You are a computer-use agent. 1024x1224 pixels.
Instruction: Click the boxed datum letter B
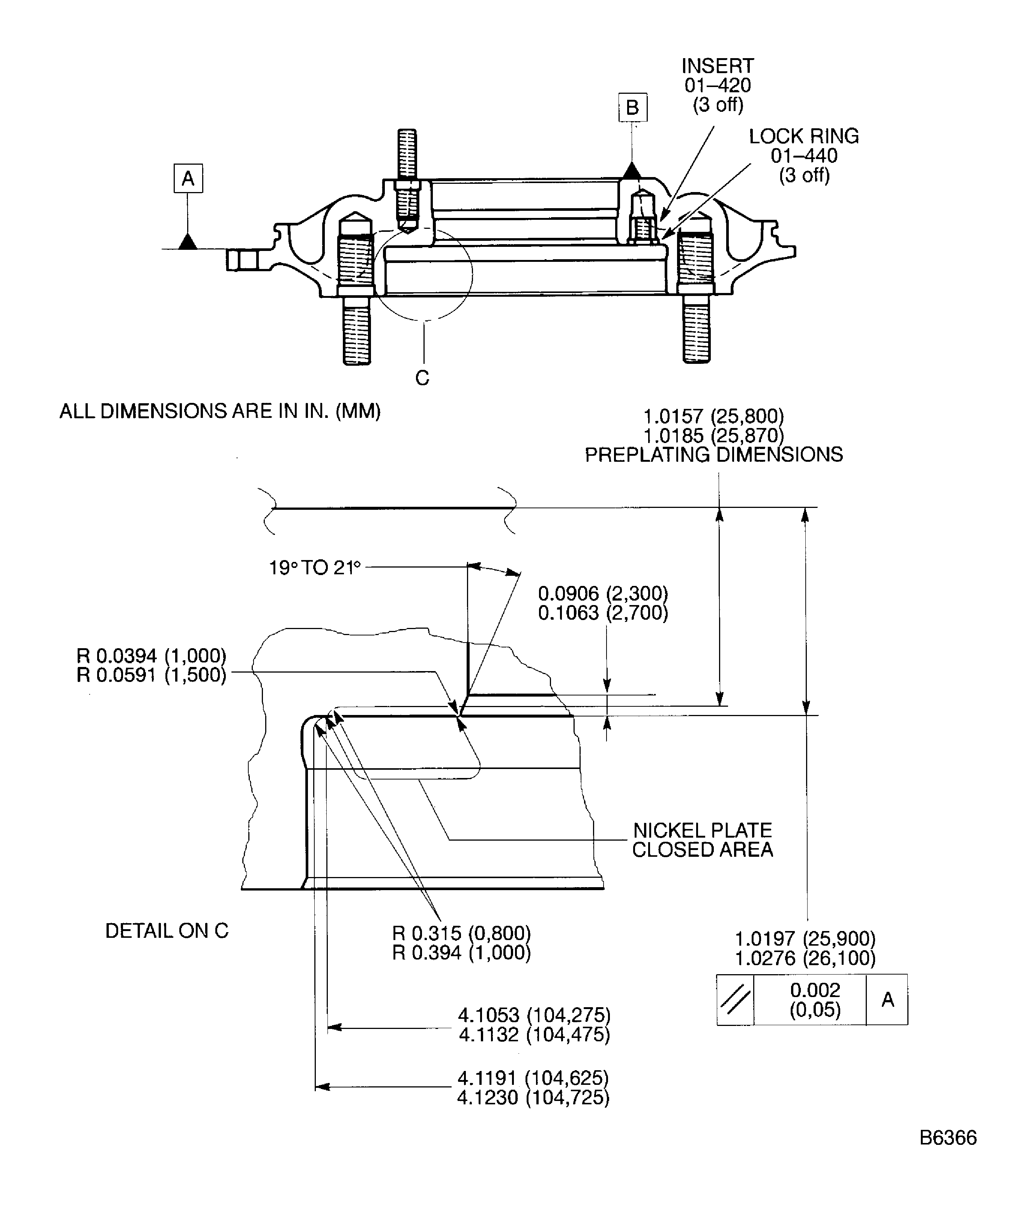[x=632, y=107]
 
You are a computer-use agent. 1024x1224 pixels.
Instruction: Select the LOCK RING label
[x=804, y=137]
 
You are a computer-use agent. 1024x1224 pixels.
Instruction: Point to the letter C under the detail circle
[x=422, y=378]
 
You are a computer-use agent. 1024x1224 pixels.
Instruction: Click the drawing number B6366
[x=947, y=1154]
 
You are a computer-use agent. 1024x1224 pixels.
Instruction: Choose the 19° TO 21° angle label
[x=315, y=567]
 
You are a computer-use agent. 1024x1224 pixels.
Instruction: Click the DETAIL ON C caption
[x=167, y=931]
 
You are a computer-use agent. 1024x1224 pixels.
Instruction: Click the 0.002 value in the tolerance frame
[x=815, y=990]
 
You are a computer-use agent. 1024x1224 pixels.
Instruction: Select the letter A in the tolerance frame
[x=887, y=1000]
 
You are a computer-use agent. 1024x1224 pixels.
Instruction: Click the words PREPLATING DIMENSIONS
[x=713, y=455]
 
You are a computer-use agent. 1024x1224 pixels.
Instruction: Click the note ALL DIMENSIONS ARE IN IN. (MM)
[x=220, y=412]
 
